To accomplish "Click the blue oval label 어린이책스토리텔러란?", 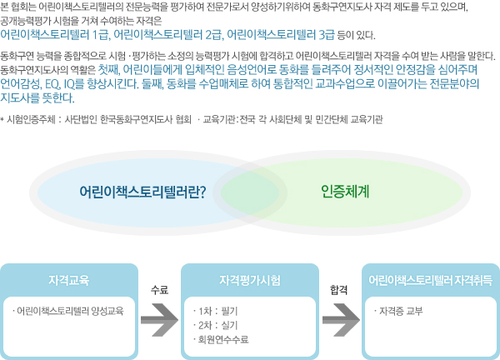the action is click(x=142, y=192).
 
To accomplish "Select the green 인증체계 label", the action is click(x=345, y=192).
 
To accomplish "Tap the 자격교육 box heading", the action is click(x=69, y=280).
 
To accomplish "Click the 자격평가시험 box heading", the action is click(x=250, y=280).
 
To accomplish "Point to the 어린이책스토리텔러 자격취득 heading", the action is click(x=431, y=280).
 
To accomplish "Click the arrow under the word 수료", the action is click(x=159, y=320).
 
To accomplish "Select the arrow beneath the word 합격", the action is click(x=341, y=320).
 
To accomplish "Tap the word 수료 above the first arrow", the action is click(x=159, y=290).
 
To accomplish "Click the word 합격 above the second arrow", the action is click(x=338, y=290).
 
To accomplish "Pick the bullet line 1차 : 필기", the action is click(x=216, y=311).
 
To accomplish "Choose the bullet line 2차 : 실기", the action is click(x=216, y=325).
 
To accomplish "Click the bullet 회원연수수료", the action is click(x=221, y=339).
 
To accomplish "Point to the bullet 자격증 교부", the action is click(x=398, y=311).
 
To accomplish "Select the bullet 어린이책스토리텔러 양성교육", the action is click(x=68, y=311).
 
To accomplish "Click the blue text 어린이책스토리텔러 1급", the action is click(x=54, y=35).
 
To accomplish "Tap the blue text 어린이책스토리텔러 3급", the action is click(x=281, y=35).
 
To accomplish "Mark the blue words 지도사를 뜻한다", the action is click(x=37, y=97).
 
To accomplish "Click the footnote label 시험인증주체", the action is click(x=32, y=119).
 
